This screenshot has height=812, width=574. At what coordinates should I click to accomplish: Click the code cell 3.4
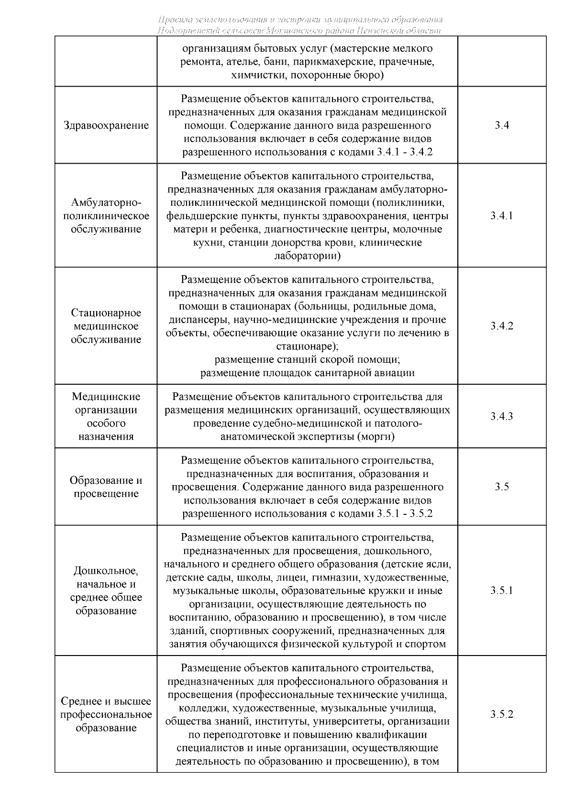(x=502, y=125)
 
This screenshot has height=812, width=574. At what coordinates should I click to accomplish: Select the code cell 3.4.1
(x=502, y=215)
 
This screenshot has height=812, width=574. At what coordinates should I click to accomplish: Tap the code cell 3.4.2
(x=502, y=326)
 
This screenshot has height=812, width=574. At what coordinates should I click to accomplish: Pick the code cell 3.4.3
(x=502, y=416)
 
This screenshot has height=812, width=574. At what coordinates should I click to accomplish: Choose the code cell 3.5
(x=502, y=487)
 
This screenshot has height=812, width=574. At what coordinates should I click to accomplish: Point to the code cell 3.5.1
(x=502, y=590)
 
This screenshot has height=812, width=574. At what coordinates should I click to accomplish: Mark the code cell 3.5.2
(x=502, y=714)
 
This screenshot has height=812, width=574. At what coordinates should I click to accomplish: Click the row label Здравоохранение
(x=106, y=125)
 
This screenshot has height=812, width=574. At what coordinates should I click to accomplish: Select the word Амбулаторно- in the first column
(x=106, y=202)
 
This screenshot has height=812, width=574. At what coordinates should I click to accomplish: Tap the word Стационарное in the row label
(x=106, y=313)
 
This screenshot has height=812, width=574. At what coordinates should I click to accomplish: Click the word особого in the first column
(x=106, y=423)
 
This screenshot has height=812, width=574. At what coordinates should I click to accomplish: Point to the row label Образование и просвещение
(x=106, y=487)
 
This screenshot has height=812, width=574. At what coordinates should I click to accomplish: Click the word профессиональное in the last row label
(x=106, y=715)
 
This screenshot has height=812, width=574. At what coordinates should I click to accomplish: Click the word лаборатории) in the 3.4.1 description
(x=307, y=256)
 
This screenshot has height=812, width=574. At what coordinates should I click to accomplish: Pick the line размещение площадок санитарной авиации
(x=307, y=373)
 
